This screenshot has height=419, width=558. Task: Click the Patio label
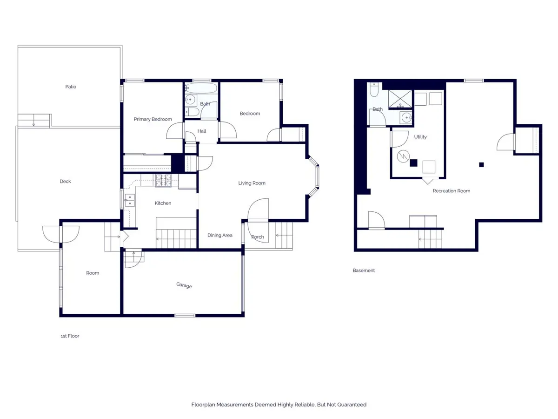[71, 87]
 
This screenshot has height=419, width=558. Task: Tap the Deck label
[66, 182]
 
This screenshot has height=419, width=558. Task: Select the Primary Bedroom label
[153, 119]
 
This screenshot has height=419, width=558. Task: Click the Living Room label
[252, 183]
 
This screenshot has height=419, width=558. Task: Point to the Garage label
[184, 285]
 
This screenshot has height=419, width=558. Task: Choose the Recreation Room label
[451, 191]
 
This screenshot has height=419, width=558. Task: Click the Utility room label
[420, 137]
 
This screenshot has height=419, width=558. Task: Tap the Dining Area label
[220, 235]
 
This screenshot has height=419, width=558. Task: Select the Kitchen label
[163, 203]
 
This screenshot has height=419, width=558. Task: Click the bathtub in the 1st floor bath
[201, 88]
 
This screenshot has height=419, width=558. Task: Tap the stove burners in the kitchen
[164, 180]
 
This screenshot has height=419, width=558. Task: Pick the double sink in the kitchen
[130, 201]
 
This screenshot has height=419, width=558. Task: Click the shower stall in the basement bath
[400, 99]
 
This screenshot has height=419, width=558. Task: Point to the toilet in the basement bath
[374, 89]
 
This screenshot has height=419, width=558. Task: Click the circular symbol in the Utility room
[403, 156]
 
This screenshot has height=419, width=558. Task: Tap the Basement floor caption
[364, 270]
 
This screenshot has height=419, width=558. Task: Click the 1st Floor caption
[70, 336]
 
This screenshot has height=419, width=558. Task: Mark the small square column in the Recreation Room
[481, 165]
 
